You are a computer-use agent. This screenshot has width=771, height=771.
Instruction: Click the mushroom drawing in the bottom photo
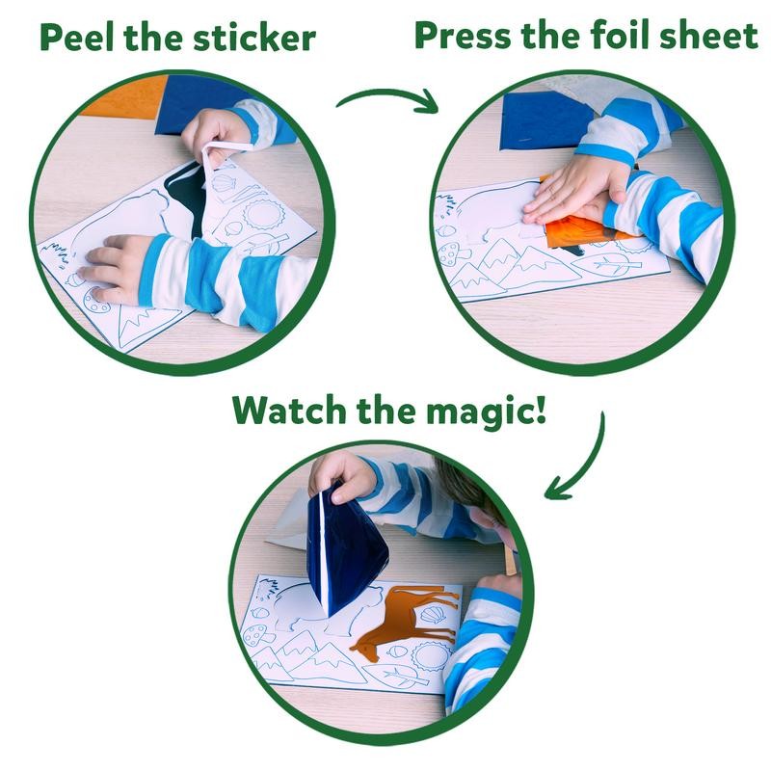click(259, 635)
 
